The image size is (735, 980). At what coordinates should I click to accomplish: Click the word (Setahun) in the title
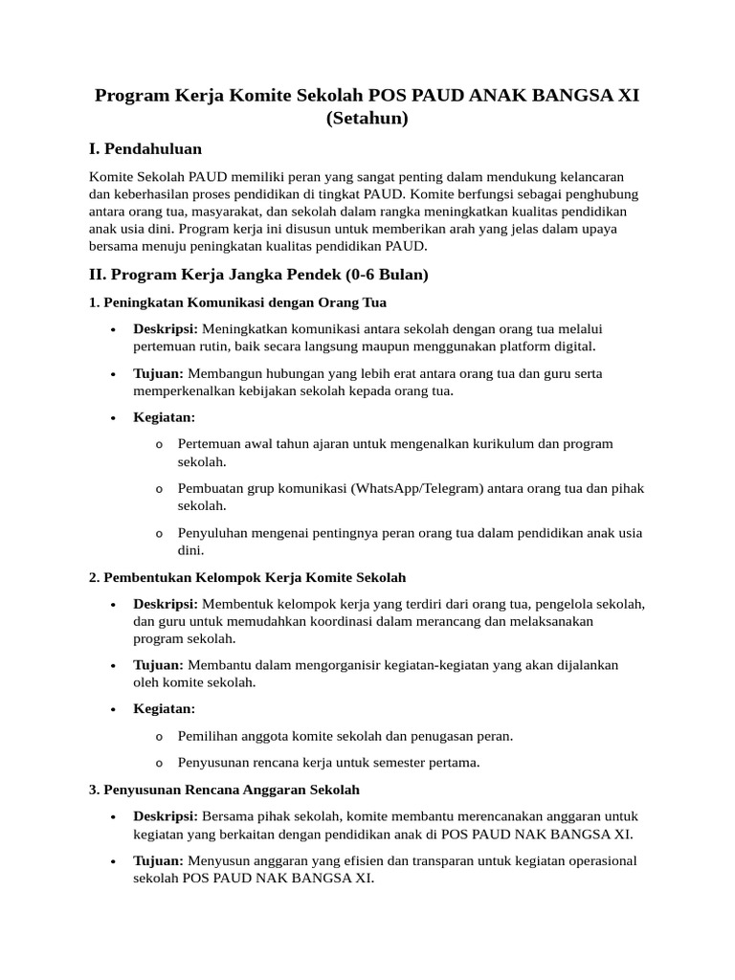[x=367, y=120]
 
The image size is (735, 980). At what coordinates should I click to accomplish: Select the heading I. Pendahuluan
[x=145, y=149]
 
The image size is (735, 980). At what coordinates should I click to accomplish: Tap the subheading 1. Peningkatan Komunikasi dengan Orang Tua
[x=237, y=302]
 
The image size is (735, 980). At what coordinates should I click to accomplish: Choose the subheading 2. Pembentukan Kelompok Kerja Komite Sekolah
[x=247, y=578]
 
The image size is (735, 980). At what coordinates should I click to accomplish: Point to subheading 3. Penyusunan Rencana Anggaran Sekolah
[x=224, y=790]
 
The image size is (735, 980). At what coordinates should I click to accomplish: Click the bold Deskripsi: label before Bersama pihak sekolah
[x=165, y=816]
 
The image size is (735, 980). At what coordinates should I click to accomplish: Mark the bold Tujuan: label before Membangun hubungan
[x=158, y=373]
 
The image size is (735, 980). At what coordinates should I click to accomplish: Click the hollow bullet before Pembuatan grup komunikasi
[x=158, y=489]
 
